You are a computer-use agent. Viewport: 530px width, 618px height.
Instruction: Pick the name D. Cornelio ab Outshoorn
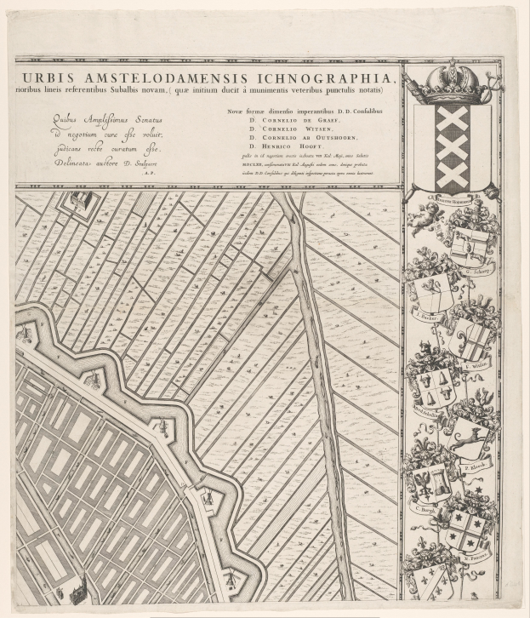pyautogui.click(x=298, y=137)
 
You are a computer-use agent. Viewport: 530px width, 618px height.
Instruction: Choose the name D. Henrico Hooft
pyautogui.click(x=284, y=146)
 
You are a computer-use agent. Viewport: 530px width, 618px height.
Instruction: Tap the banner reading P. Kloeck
pyautogui.click(x=473, y=467)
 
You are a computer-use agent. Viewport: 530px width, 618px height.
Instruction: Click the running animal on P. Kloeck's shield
pyautogui.click(x=466, y=439)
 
